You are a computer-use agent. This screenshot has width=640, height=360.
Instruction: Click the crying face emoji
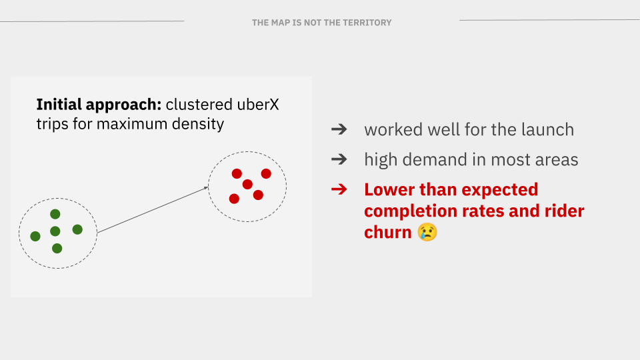click(427, 232)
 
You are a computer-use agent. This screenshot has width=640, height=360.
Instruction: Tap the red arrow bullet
click(339, 189)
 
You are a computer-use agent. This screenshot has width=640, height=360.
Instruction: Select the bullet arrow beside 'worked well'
click(339, 129)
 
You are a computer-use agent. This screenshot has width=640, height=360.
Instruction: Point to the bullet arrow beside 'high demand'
click(339, 159)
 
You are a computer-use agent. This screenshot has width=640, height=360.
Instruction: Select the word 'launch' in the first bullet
click(547, 129)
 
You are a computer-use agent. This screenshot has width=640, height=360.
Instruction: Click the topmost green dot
click(55, 214)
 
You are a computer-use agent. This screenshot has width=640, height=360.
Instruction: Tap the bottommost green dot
click(57, 248)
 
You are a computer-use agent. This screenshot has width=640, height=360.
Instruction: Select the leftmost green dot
click(35, 236)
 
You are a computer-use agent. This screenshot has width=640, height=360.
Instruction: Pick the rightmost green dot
click(77, 229)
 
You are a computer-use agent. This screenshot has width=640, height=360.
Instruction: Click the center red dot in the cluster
click(247, 184)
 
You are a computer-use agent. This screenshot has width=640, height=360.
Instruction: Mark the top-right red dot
click(266, 173)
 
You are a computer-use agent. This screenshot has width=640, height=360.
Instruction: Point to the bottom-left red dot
click(234, 199)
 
